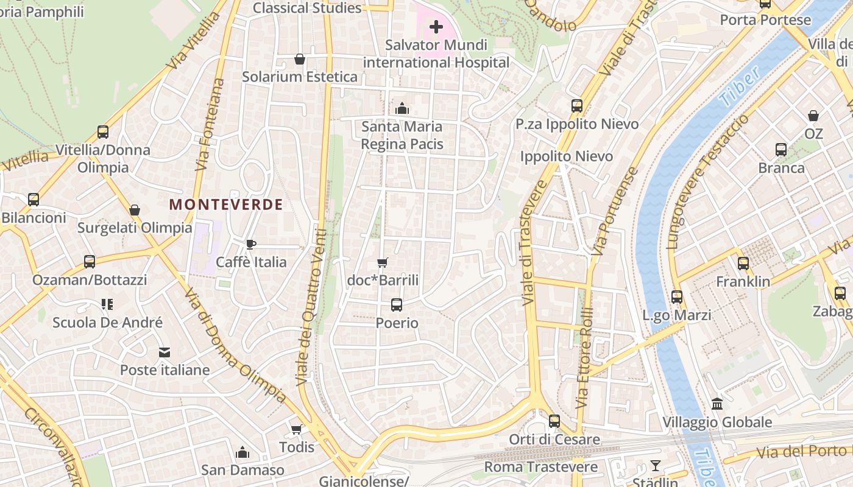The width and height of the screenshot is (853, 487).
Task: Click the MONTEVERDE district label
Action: click(226, 205)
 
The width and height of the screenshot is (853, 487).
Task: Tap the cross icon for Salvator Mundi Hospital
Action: click(436, 27)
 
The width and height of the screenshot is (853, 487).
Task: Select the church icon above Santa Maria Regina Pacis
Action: click(402, 108)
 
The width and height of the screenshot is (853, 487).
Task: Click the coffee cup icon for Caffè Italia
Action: click(250, 244)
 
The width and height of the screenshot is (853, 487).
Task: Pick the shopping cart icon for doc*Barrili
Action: click(383, 262)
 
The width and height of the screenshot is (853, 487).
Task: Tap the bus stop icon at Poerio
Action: click(397, 304)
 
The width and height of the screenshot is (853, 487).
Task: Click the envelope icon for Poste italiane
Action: click(165, 352)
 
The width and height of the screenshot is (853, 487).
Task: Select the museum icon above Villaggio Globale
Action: click(717, 404)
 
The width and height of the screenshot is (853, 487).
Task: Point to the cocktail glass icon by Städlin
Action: click(656, 466)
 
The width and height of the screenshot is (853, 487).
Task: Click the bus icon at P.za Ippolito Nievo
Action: click(577, 106)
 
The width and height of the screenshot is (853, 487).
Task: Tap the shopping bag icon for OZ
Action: click(813, 116)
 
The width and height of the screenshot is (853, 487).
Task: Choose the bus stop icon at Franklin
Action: click(743, 264)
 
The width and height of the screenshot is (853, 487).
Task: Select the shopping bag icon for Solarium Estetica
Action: click(300, 59)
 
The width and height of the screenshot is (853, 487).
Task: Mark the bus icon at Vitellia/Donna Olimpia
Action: click(103, 132)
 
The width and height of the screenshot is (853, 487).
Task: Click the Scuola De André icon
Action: click(107, 304)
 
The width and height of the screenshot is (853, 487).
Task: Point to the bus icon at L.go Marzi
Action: click(677, 297)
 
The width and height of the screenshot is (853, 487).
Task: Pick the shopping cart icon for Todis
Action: click(297, 429)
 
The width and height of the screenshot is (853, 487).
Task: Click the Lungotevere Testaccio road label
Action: click(707, 183)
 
